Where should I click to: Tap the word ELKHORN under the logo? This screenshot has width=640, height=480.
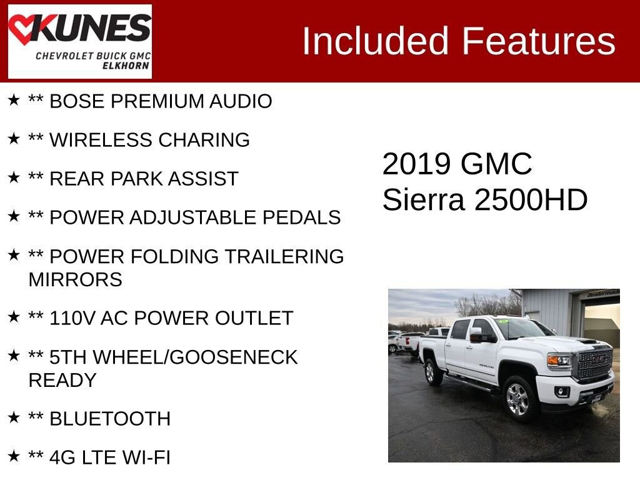point(126,66)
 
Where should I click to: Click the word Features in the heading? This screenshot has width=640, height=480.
point(538,41)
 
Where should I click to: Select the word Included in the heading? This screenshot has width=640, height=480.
point(375,41)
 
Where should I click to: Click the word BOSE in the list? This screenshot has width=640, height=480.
point(77,101)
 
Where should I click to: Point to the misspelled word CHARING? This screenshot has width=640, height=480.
point(204,140)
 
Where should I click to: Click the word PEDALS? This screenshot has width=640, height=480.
point(302,217)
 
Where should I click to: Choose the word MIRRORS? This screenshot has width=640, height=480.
point(76,279)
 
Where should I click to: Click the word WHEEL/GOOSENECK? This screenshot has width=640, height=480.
point(195,357)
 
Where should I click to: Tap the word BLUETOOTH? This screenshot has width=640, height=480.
point(110,419)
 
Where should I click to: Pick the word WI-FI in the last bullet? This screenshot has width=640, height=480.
point(146,457)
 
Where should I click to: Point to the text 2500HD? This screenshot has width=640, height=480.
point(531,200)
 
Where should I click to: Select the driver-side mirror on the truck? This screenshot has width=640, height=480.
point(477,335)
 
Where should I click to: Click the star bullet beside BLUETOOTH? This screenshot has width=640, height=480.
point(14,417)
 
